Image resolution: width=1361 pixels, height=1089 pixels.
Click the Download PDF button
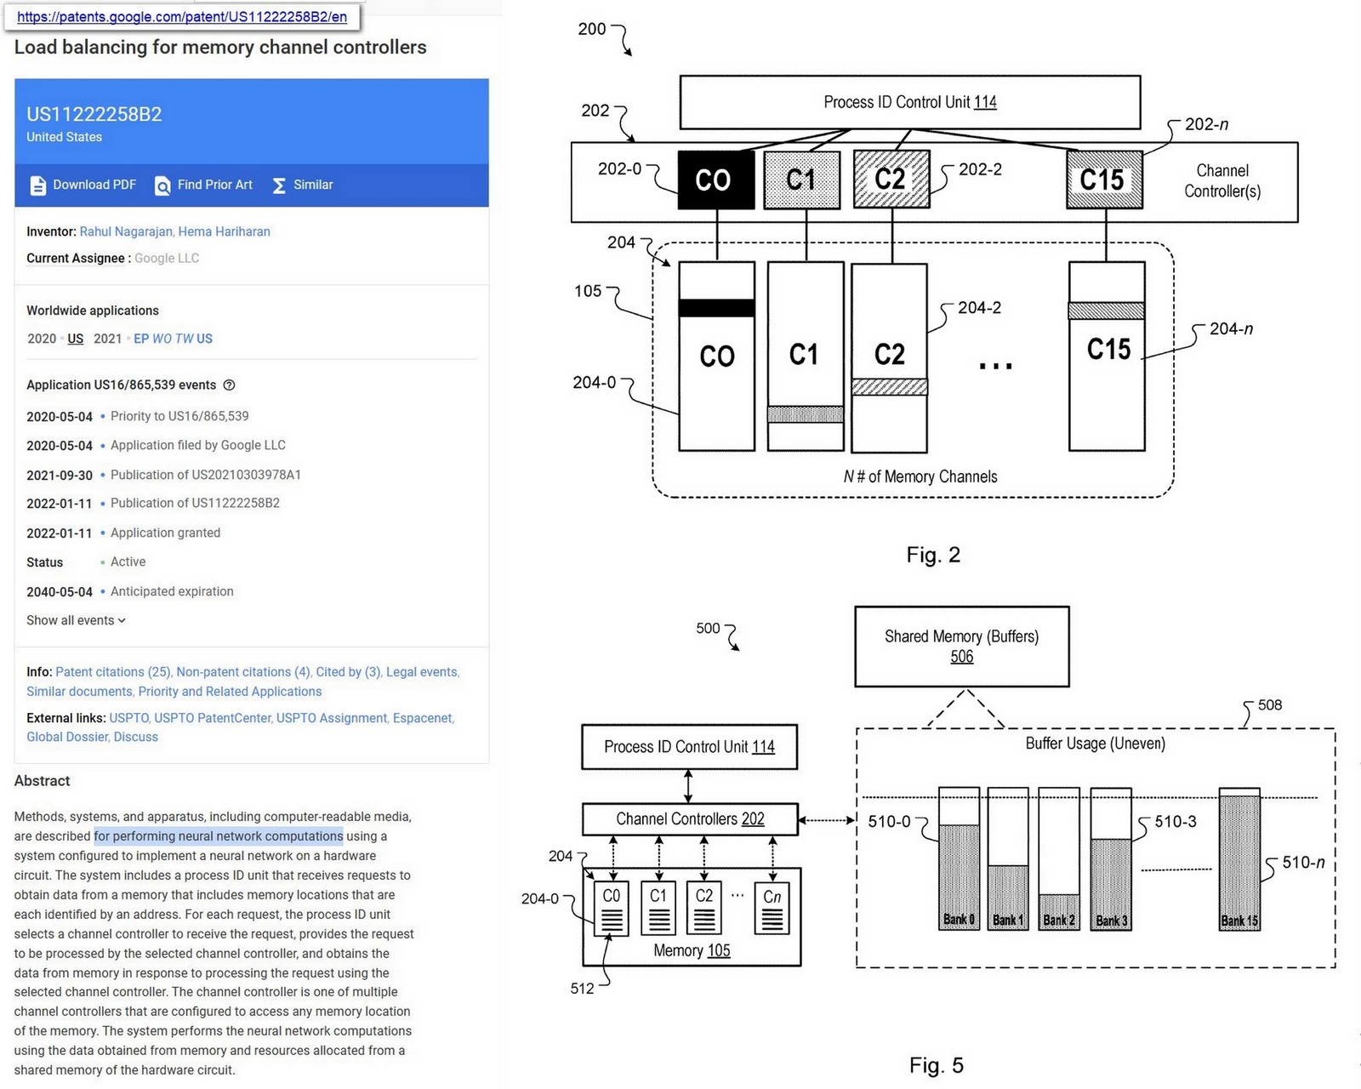[x=83, y=185]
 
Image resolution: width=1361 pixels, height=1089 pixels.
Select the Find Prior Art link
[x=204, y=185]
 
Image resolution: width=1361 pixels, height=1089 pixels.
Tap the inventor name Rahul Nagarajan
[x=126, y=231]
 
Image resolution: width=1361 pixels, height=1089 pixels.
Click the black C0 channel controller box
[x=715, y=180]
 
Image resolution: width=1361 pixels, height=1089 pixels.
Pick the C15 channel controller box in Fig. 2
[x=1104, y=180]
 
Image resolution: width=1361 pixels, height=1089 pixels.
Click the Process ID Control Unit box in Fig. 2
[x=909, y=102]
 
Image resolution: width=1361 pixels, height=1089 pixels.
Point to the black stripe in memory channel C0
[x=716, y=308]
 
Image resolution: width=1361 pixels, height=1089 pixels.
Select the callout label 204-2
[x=979, y=308]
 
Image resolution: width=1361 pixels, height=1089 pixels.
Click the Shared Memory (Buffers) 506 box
[x=961, y=646]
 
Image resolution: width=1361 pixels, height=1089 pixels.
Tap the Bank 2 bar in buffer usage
[x=1059, y=910]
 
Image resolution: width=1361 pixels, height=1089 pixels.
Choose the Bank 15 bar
[x=1239, y=859]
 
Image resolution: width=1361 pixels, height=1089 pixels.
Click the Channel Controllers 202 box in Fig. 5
[x=690, y=818]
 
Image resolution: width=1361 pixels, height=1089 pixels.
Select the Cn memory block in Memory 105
[x=772, y=908]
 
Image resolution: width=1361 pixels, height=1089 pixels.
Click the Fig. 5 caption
[x=936, y=1065]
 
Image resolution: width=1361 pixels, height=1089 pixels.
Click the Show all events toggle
[x=76, y=620]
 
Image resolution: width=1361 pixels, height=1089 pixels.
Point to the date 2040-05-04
[x=60, y=591]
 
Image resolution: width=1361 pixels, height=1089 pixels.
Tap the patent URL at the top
[x=182, y=17]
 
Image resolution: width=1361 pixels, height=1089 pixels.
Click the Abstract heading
[x=43, y=780]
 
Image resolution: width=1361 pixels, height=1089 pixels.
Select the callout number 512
[x=582, y=989]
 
